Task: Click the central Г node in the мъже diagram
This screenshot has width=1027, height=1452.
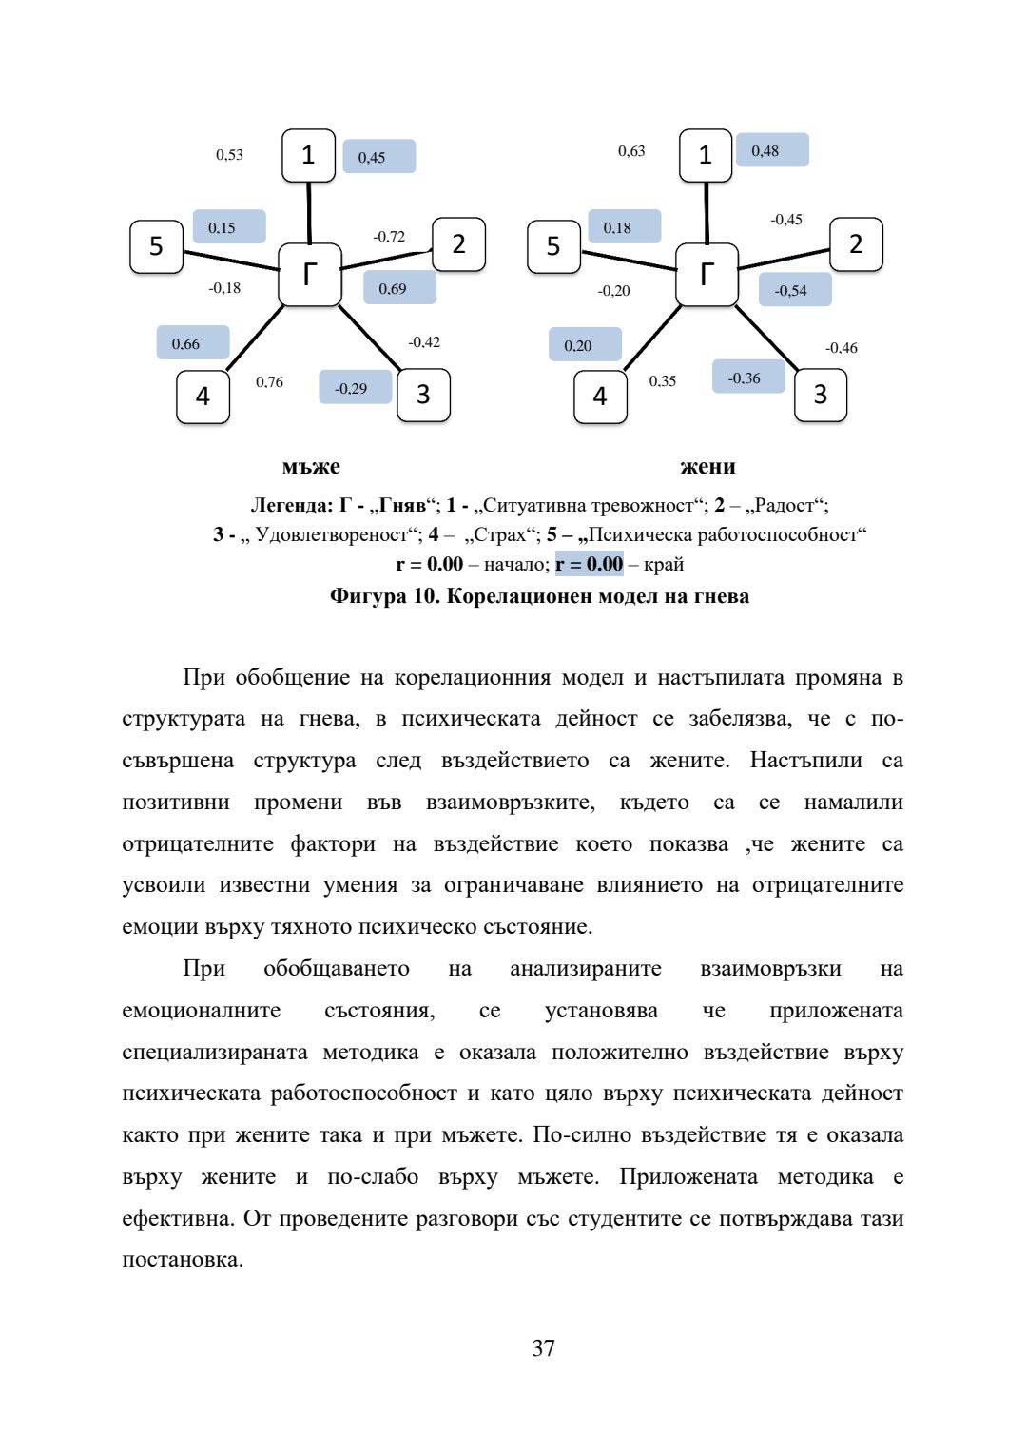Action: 309,275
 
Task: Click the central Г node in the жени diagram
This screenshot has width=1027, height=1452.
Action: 707,275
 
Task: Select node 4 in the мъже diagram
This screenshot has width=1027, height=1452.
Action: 203,397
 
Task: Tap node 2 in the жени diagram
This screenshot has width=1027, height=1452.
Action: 856,244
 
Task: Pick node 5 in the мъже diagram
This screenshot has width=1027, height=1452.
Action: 156,246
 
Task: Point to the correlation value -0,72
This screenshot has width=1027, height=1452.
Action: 389,237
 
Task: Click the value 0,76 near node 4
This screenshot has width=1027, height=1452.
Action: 269,382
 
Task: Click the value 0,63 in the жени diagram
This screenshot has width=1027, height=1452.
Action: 631,151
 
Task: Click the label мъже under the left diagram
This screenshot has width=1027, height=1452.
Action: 311,467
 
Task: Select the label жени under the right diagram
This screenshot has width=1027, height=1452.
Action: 707,467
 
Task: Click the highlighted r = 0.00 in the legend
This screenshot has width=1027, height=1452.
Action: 590,564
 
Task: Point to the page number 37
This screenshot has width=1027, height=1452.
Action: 543,1347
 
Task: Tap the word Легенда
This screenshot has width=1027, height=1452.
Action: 291,505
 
